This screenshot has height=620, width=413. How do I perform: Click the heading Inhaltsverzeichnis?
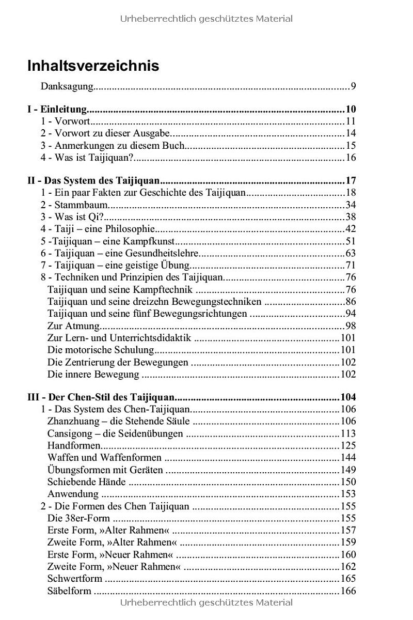pos(93,66)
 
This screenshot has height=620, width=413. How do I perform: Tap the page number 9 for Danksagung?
pos(353,86)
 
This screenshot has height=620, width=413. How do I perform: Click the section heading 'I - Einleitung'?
pos(56,109)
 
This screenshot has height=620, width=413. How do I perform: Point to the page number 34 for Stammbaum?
pos(351,205)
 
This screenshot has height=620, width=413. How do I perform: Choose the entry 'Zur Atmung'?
pos(73,326)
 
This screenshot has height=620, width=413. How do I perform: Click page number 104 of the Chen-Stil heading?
pos(348,397)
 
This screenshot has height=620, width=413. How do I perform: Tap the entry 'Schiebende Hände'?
pos(86,482)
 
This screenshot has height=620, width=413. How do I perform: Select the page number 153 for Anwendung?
pos(348,494)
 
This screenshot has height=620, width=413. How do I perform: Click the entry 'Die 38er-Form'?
pos(78,518)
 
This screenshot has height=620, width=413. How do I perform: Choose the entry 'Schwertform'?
pos(75,579)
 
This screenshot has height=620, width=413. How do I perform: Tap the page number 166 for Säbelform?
pos(348,591)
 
